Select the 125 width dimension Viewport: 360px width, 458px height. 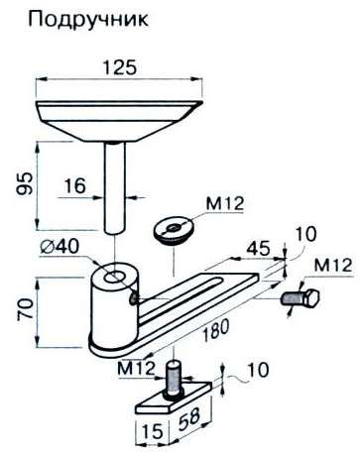pyautogui.click(x=119, y=67)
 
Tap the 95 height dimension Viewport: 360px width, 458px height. pyautogui.click(x=27, y=183)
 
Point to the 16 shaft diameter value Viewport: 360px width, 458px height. pyautogui.click(x=74, y=185)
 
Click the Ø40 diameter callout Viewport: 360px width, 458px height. pyautogui.click(x=60, y=247)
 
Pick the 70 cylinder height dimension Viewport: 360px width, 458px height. pyautogui.click(x=26, y=308)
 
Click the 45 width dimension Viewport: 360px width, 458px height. pyautogui.click(x=259, y=249)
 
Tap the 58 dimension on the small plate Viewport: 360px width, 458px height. pyautogui.click(x=189, y=417)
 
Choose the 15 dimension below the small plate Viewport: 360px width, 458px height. pyautogui.click(x=153, y=432)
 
